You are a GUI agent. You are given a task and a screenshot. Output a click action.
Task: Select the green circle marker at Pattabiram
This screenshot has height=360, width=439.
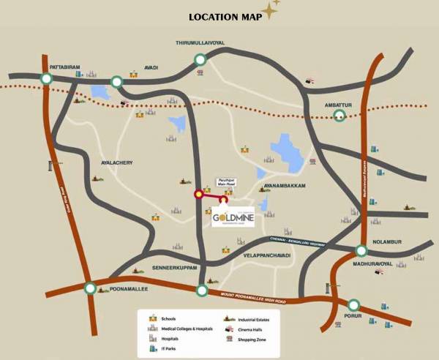point(47,79)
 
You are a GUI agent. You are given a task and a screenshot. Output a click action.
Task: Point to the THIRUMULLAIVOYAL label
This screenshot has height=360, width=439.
point(201,44)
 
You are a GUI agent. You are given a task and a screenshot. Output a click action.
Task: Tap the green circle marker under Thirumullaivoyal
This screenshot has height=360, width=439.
point(199,60)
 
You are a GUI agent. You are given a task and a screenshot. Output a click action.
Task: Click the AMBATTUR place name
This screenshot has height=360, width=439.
point(339,105)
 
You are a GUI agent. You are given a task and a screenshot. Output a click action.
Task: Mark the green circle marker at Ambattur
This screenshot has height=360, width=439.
point(339,116)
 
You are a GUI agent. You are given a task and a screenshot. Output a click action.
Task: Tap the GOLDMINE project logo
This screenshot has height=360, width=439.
point(232,217)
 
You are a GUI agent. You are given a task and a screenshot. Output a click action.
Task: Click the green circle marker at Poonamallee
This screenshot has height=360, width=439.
point(89,288)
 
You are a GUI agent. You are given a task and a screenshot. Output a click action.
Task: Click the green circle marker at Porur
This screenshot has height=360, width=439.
point(354,304)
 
